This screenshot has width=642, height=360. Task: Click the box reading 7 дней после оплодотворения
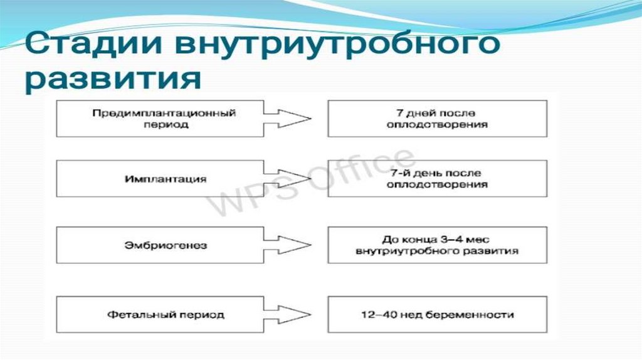437,119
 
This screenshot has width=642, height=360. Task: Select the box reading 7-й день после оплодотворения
437,179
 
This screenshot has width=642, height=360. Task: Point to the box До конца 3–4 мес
437,245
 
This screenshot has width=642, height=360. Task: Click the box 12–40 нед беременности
437,314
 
